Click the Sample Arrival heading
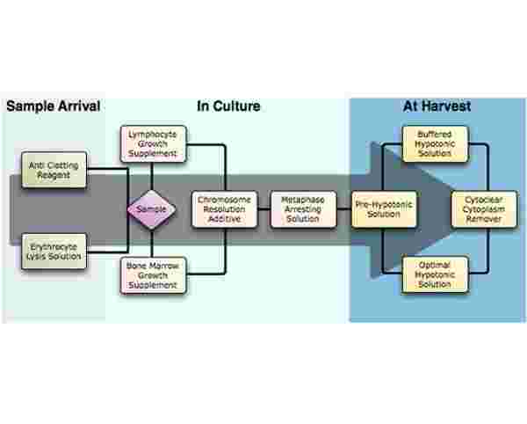pos(54,107)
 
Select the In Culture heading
pos(227,107)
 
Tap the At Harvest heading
pos(437,107)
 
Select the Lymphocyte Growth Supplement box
pos(153,143)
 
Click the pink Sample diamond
pos(152,209)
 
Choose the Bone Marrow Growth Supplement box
pos(153,274)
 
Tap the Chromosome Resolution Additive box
pos(224,209)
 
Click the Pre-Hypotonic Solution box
pos(383,209)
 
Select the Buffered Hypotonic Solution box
pos(434,143)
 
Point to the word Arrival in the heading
pos(77,107)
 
